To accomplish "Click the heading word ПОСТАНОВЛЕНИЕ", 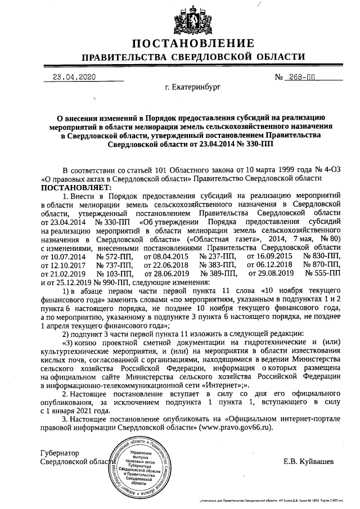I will tap(193, 44).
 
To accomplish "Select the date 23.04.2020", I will tap(74, 77).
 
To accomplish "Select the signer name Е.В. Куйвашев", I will tap(308, 461).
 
